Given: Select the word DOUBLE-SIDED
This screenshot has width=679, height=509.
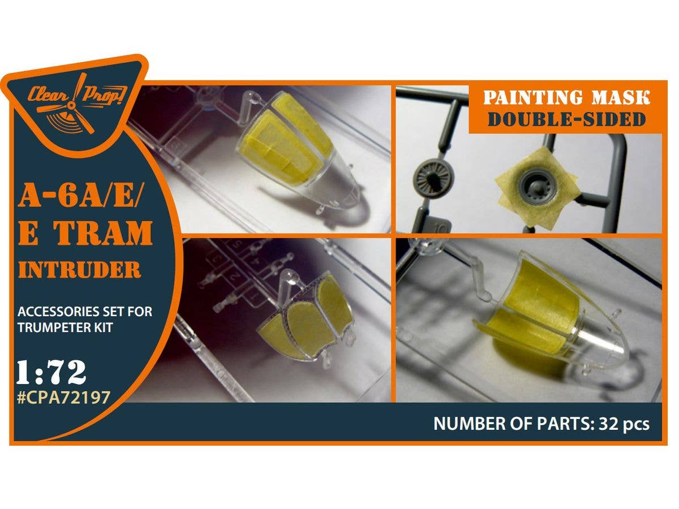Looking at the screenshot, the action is click(567, 119).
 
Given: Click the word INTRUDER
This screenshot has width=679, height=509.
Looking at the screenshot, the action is click(80, 270).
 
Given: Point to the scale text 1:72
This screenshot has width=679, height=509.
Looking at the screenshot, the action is click(51, 372).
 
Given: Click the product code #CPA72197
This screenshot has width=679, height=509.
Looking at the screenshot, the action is click(64, 398).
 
